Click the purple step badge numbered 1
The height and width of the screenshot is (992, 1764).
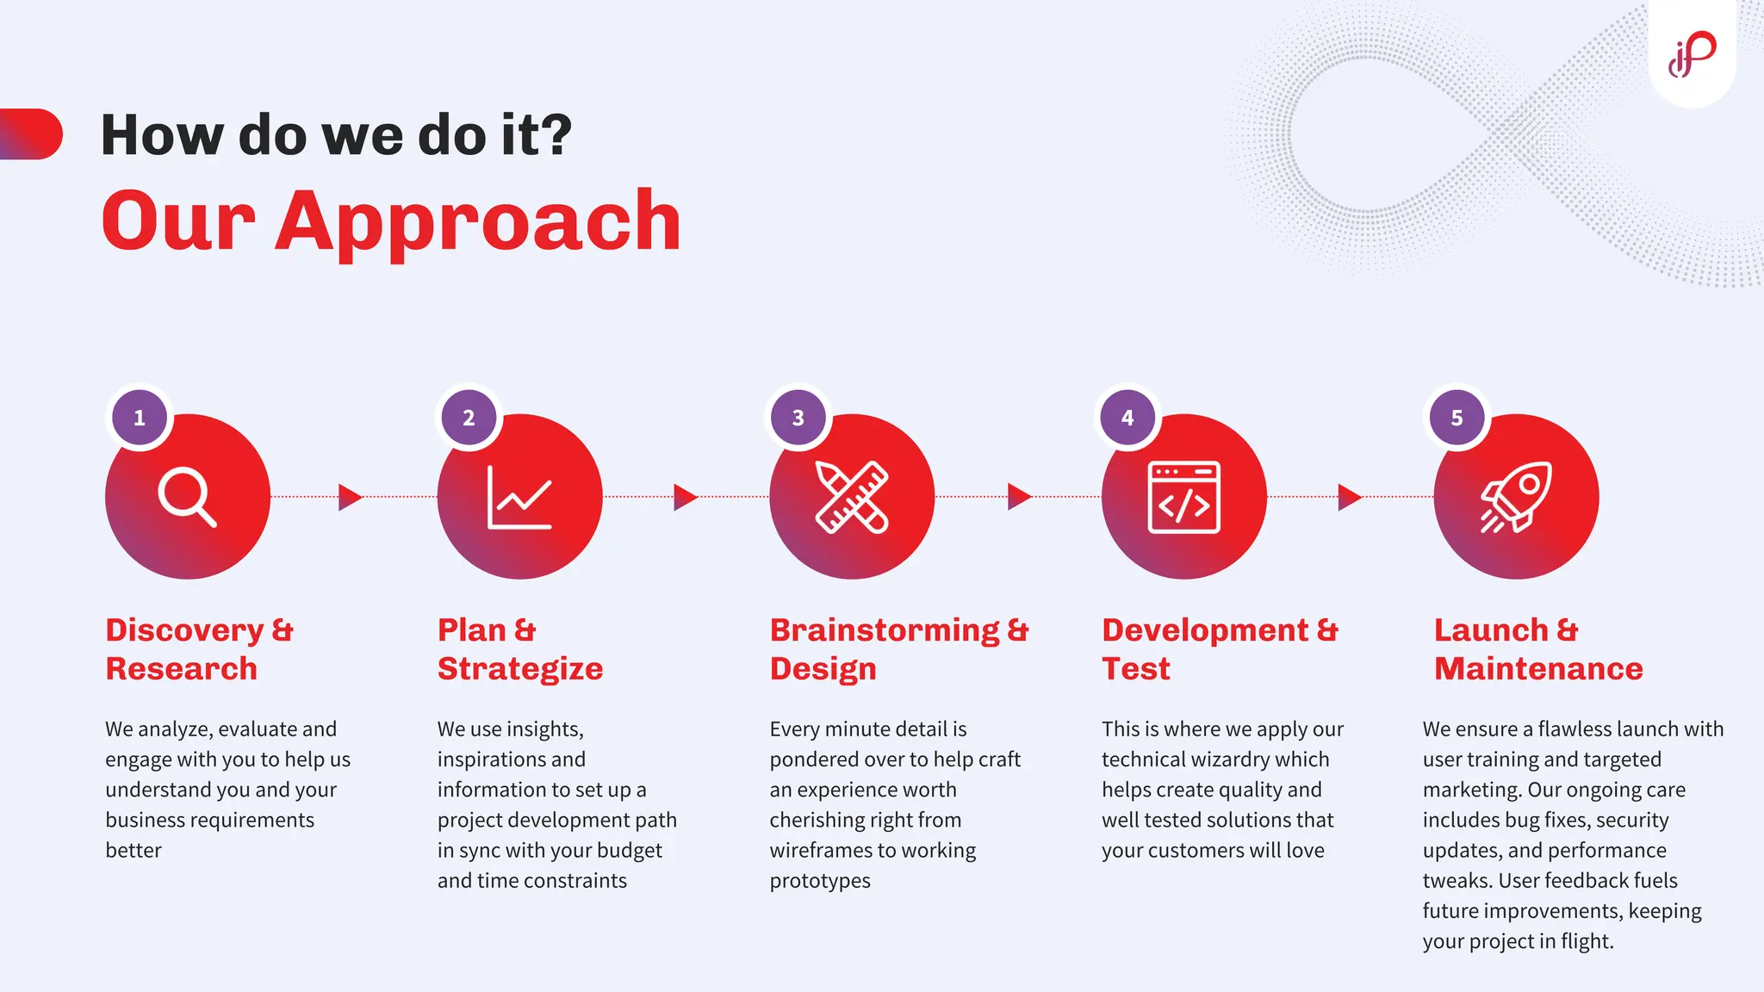point(140,418)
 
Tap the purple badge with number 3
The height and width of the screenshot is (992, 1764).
point(798,418)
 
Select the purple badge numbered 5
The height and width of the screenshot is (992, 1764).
point(1457,418)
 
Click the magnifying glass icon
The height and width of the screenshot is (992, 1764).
point(187,497)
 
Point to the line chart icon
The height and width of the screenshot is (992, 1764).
point(519,498)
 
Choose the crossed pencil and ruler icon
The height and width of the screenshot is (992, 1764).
point(852,497)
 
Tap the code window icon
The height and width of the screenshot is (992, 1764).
point(1183,498)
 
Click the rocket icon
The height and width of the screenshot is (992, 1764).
point(1516,497)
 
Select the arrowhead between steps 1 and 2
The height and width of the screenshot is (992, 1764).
point(350,497)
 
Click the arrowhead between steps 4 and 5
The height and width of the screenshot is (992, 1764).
point(1349,497)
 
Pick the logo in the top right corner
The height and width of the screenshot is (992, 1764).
point(1692,54)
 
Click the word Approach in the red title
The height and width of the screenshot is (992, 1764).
point(478,221)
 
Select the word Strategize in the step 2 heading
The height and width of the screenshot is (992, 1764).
point(520,669)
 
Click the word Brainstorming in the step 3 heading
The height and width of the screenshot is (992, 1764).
point(885,630)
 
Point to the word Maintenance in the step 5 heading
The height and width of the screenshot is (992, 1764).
point(1538,669)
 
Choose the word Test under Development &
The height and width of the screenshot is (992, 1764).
point(1135,669)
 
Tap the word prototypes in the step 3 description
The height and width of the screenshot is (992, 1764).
point(820,881)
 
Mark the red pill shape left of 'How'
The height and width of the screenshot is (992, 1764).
point(32,134)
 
